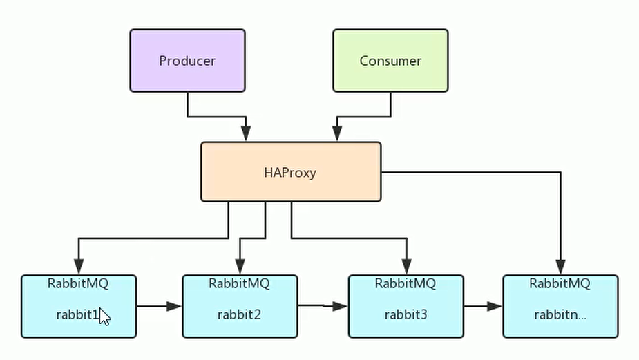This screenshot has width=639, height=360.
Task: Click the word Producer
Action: (187, 61)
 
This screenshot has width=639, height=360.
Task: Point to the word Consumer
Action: (390, 61)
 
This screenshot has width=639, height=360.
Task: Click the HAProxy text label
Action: (290, 172)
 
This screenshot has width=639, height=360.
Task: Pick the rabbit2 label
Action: (239, 315)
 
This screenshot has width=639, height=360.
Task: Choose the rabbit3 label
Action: (406, 315)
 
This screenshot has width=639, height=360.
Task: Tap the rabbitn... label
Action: (560, 315)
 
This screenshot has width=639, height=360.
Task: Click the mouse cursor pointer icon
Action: (104, 316)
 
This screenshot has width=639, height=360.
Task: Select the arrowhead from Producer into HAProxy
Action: (246, 133)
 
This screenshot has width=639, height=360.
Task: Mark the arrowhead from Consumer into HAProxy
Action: (337, 133)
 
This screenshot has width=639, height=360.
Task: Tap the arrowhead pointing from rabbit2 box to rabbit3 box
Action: (340, 305)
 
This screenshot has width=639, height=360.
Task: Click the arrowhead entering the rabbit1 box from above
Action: (79, 266)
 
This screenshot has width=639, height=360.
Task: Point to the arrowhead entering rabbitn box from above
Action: (560, 266)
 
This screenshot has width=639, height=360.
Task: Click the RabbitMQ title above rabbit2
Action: (239, 283)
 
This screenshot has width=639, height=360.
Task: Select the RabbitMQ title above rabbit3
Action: (406, 283)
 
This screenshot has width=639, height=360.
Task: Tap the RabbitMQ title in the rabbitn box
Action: (560, 283)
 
